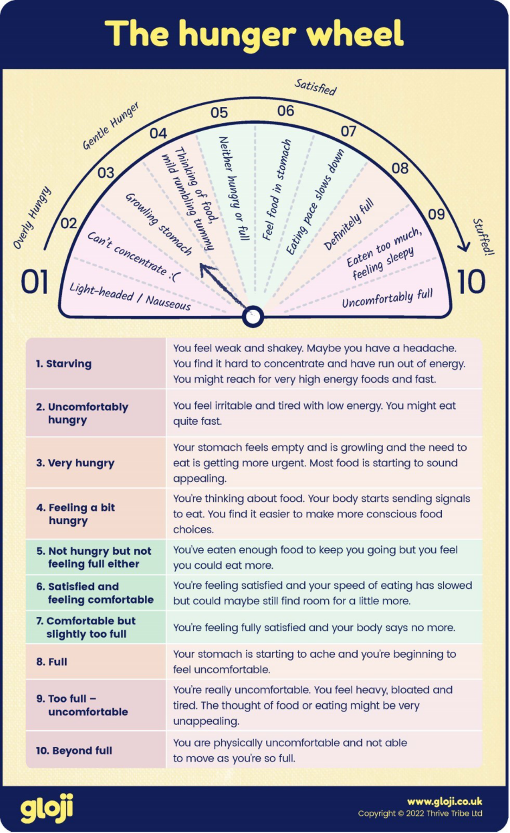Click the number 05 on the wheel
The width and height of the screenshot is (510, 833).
coord(219,112)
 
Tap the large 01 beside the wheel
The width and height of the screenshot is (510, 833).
coord(34,282)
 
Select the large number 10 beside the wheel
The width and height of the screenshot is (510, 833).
coord(470,282)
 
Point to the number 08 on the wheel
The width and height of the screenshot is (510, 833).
coord(400,168)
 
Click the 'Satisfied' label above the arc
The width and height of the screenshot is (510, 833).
coord(315,87)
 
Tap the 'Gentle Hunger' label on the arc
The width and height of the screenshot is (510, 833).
coord(111,125)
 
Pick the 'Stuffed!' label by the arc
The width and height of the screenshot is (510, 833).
coord(483,236)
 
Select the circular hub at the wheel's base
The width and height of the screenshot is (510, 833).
coord(252,316)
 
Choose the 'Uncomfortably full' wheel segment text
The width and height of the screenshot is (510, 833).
coord(387,298)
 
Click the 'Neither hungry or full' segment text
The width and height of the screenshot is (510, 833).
coord(234,188)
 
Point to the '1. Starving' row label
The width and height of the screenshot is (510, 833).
coord(63,363)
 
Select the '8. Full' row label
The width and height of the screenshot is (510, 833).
coord(52,662)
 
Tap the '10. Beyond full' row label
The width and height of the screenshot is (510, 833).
coord(74,751)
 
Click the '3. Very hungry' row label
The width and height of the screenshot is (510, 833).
coord(75,463)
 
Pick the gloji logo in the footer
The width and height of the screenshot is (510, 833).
coord(47,809)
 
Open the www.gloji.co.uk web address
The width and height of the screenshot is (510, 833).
coord(444,801)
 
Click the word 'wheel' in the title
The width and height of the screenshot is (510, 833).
coord(355,34)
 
